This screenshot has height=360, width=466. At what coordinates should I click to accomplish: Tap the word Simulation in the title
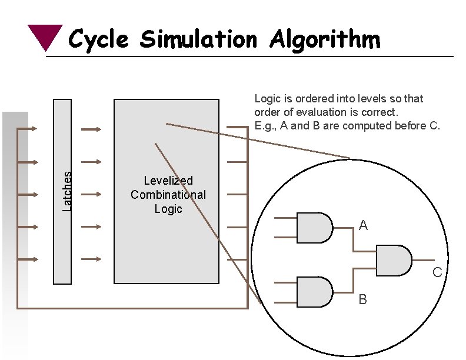(x=199, y=40)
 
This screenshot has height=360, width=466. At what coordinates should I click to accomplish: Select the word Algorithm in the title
(x=325, y=40)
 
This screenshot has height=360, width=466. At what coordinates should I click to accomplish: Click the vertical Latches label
(x=67, y=191)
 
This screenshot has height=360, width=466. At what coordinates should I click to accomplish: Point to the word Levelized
(x=168, y=181)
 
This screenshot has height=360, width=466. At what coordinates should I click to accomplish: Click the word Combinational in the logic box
(x=168, y=195)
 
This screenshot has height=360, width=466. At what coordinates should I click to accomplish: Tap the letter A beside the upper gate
(x=363, y=225)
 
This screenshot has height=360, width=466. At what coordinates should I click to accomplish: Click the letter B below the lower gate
(x=363, y=300)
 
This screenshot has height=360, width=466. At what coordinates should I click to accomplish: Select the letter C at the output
(x=437, y=272)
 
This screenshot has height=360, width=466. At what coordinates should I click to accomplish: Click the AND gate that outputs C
(x=393, y=260)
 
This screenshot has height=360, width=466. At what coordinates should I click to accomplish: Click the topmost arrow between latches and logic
(x=91, y=129)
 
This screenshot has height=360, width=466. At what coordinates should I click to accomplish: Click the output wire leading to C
(x=424, y=260)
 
